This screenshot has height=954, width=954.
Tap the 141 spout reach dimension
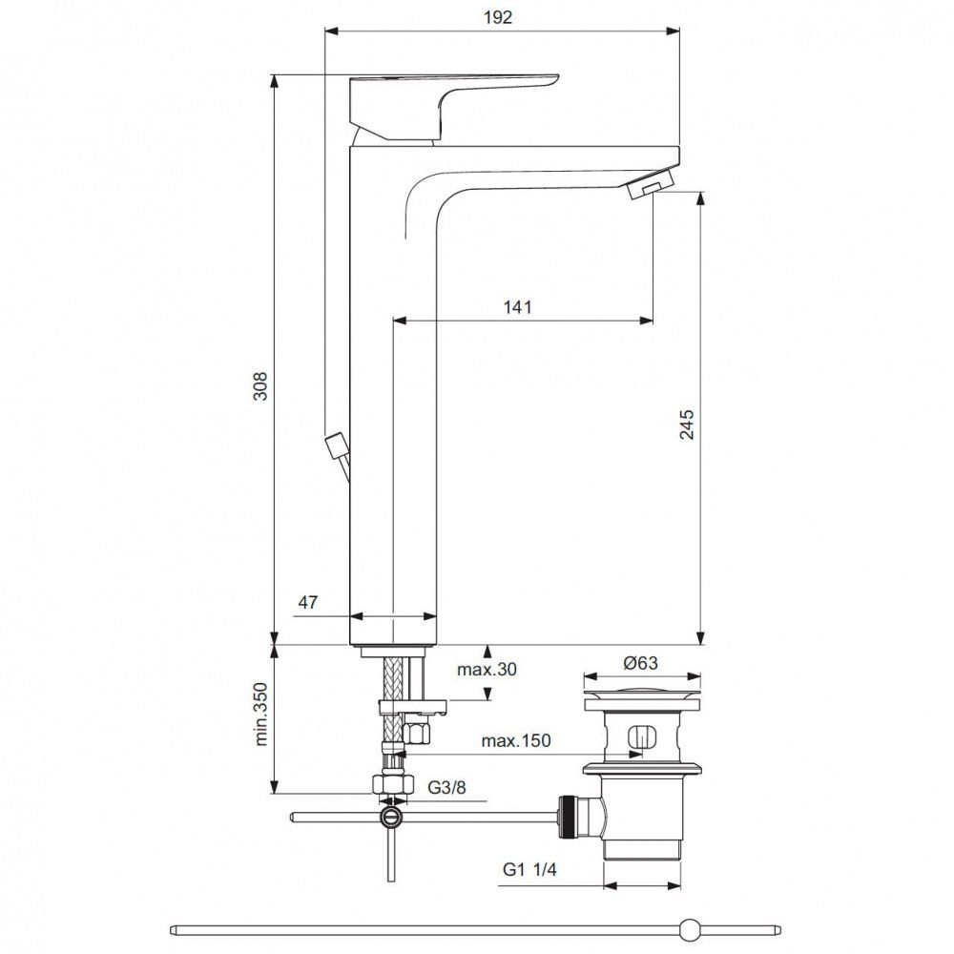coord(517,307)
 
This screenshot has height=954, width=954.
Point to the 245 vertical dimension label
coord(687,425)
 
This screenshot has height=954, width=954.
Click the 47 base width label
coord(307,603)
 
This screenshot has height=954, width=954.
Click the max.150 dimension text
coord(515,741)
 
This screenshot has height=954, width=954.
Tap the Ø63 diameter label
coord(640,664)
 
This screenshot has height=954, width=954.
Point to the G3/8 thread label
coord(446,788)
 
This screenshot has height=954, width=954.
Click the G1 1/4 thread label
coord(530,870)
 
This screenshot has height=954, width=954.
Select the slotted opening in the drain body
coord(640,738)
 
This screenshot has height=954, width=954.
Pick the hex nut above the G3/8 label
coord(392,784)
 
